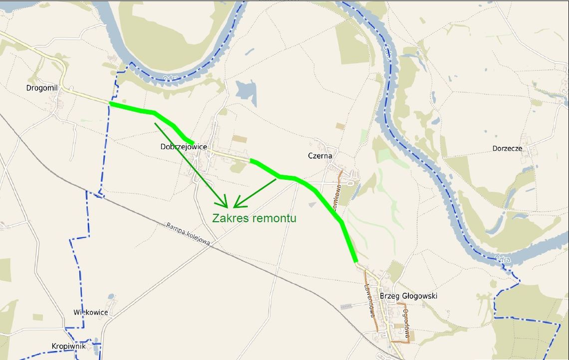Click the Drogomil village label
pos(42,88)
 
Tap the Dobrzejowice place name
pos(183,147)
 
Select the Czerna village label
pos(320,156)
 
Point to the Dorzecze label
pos(507,148)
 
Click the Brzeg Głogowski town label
pos(408,296)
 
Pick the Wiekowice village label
pos(90,313)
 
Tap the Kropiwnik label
pos(68,346)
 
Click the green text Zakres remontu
pos(254,218)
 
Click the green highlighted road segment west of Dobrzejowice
pos(150,112)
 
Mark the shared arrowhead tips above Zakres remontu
pos(230,206)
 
